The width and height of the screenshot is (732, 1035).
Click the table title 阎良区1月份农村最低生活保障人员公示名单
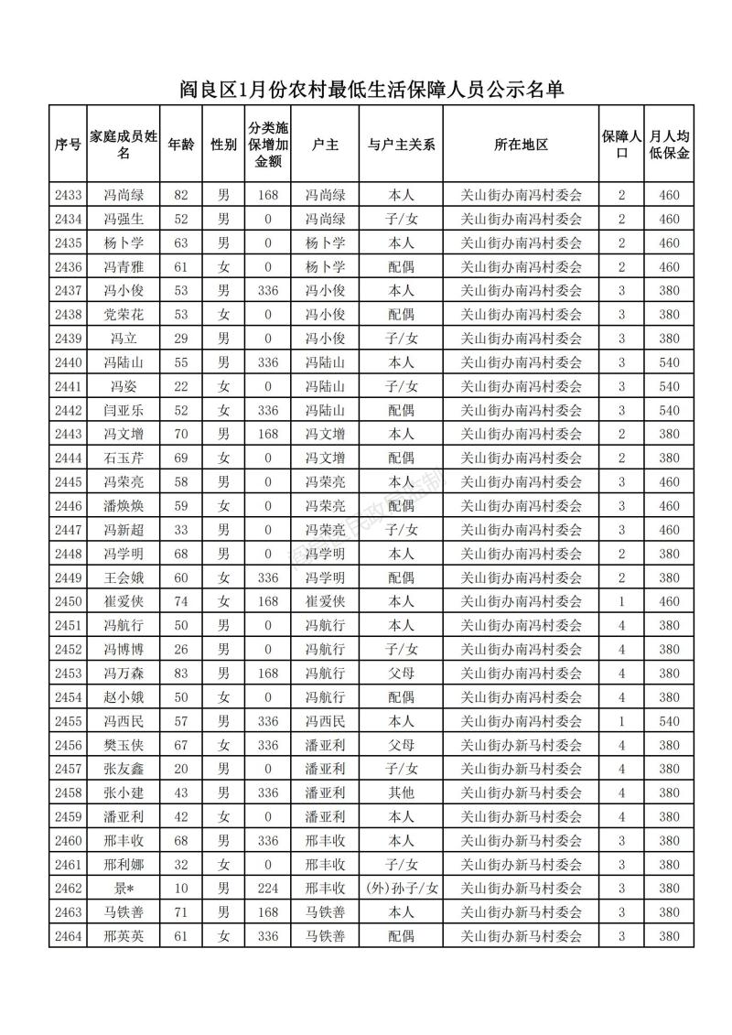(x=371, y=90)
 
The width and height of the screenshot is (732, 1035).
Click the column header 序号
(x=68, y=145)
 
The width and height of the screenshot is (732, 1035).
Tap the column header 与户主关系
(x=401, y=145)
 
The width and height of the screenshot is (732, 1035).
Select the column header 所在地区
(x=521, y=145)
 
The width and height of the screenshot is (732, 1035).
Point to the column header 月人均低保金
(x=669, y=145)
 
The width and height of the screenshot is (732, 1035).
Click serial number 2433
(x=68, y=195)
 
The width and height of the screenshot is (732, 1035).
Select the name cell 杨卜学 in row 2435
(x=124, y=243)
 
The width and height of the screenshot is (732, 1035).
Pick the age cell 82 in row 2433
(x=180, y=195)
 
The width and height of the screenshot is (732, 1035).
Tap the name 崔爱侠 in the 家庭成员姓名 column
(x=124, y=601)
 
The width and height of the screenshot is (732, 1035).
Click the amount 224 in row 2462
(x=268, y=889)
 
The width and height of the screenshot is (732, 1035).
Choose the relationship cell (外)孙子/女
(x=401, y=889)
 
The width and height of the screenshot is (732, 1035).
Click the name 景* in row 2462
(x=124, y=889)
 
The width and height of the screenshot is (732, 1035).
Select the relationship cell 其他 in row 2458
(x=401, y=792)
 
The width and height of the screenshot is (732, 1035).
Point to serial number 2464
(x=68, y=936)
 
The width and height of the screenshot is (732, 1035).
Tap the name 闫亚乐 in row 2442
(x=124, y=410)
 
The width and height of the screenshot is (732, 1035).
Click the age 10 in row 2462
(x=180, y=889)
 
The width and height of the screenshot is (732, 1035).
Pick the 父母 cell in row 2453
(x=401, y=674)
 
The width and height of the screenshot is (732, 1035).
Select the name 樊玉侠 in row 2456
(x=124, y=745)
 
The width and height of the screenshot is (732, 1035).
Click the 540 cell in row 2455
(x=669, y=721)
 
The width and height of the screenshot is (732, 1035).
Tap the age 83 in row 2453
(x=180, y=674)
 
